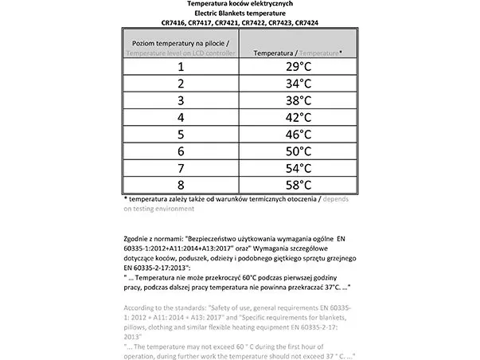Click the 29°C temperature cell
pos(298,67)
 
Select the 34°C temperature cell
pos(298,84)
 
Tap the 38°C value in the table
pos(298,100)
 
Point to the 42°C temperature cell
pos(298,117)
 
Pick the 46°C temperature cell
pos(298,134)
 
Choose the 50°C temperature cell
pos(298,151)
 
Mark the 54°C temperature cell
pos(298,167)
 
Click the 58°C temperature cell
pos(298,184)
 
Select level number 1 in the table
pos(181,67)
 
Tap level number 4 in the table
pos(181,117)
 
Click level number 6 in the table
pos(181,151)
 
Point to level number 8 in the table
pos(181,184)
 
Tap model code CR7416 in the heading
pos(174,22)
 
